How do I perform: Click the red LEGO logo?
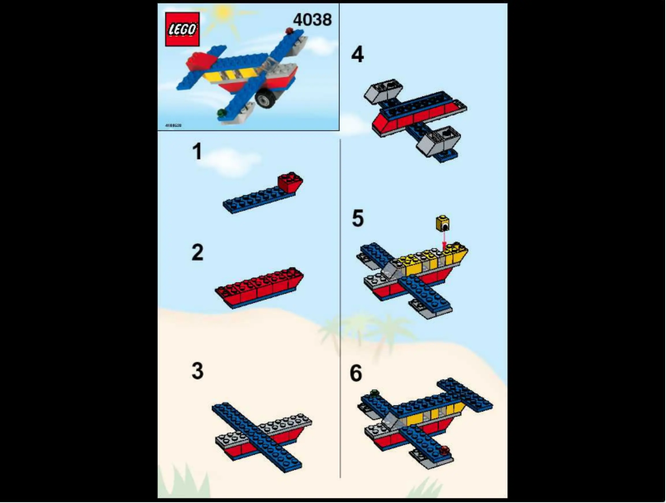[182, 29]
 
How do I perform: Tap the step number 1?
[197, 151]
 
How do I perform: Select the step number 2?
[197, 252]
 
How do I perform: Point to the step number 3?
[197, 370]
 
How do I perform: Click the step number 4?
[357, 55]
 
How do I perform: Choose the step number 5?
[357, 218]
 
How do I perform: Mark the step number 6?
[356, 374]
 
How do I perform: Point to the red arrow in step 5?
[445, 239]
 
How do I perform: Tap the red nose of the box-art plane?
[200, 60]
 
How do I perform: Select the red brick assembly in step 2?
[259, 286]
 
